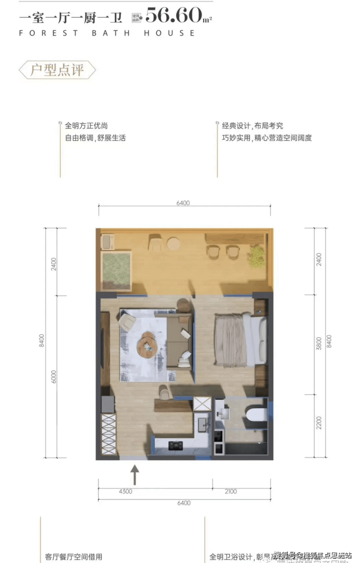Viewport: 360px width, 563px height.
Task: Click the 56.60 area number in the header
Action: click(174, 16)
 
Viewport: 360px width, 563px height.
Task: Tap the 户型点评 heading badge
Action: click(57, 70)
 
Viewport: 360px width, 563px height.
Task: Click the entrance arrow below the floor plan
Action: click(134, 475)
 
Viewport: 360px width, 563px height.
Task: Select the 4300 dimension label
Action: click(125, 491)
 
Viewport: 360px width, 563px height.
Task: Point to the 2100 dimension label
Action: click(231, 491)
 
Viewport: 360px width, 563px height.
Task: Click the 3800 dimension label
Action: click(319, 344)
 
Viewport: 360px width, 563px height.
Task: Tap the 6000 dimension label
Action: click(54, 377)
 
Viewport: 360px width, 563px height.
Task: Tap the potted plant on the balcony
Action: click(256, 255)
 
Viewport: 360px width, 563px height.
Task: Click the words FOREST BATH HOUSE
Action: click(107, 33)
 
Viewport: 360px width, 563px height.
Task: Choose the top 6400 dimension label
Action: click(183, 203)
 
